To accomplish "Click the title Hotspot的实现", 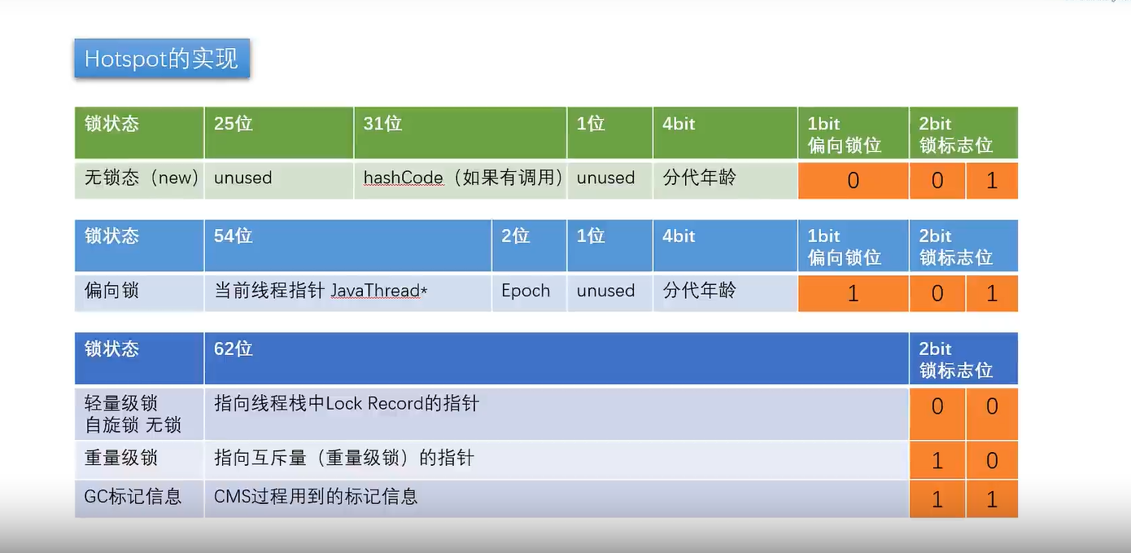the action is pos(161,59).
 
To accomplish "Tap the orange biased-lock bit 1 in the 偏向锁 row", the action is pos(853,293).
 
